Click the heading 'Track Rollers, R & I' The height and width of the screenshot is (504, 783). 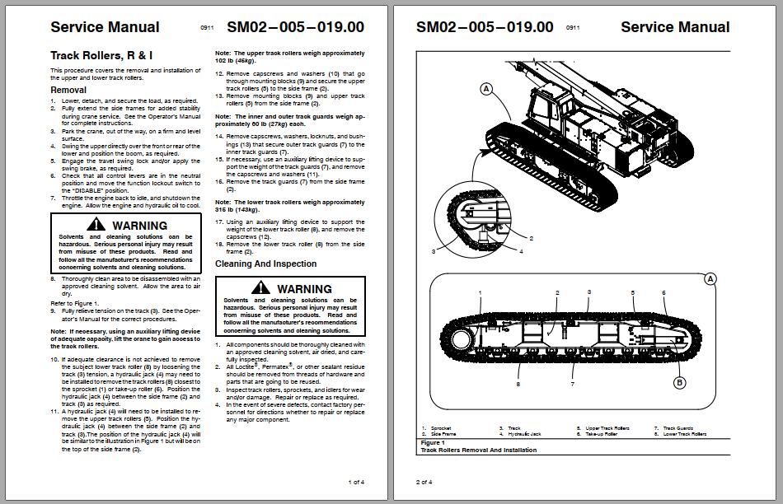click(x=101, y=56)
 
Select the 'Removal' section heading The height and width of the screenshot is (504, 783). click(x=68, y=90)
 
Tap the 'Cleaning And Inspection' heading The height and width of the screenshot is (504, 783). click(x=265, y=264)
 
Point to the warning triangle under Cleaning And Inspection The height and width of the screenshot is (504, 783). click(x=261, y=287)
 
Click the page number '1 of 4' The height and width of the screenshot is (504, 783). click(x=356, y=482)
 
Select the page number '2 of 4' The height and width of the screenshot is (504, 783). click(x=424, y=482)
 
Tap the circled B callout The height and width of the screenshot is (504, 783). click(x=680, y=382)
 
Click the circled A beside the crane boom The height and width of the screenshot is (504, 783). click(x=486, y=88)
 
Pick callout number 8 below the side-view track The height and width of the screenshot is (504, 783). click(x=518, y=384)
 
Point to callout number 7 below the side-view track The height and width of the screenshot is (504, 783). click(x=573, y=384)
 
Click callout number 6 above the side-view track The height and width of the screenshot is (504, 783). click(x=663, y=292)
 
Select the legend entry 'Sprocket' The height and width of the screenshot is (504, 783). click(x=440, y=428)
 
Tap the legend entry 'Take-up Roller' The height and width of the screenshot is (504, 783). click(x=601, y=433)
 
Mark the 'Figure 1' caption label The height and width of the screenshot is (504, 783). click(x=433, y=443)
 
